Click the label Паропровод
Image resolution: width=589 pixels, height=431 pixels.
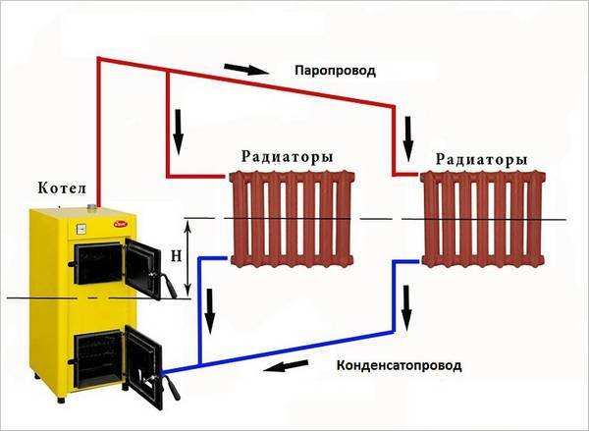pyautogui.click(x=335, y=71)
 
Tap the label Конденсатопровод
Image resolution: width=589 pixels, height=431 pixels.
pyautogui.click(x=399, y=365)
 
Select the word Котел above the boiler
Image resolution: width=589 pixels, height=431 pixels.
pyautogui.click(x=62, y=189)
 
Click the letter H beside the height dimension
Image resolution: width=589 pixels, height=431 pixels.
pyautogui.click(x=176, y=256)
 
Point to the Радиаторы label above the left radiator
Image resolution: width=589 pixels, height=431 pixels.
pyautogui.click(x=287, y=157)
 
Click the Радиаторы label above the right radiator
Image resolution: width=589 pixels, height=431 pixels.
pyautogui.click(x=482, y=160)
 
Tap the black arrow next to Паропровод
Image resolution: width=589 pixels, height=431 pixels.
pyautogui.click(x=246, y=70)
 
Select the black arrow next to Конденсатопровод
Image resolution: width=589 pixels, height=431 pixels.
pyautogui.click(x=286, y=365)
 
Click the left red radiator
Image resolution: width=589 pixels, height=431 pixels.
pyautogui.click(x=293, y=219)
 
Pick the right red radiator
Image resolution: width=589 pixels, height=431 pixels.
pyautogui.click(x=483, y=219)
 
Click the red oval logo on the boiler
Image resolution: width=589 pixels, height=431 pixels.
pyautogui.click(x=120, y=224)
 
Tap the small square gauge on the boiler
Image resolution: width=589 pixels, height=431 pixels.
pyautogui.click(x=81, y=229)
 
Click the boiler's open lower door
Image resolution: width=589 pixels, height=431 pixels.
pyautogui.click(x=143, y=363)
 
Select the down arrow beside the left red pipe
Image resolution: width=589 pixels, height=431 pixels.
pyautogui.click(x=179, y=132)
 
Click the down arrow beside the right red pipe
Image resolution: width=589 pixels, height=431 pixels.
pyautogui.click(x=408, y=139)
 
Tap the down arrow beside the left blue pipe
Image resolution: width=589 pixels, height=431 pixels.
pyautogui.click(x=210, y=311)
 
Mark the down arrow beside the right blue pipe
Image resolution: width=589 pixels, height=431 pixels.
pyautogui.click(x=406, y=308)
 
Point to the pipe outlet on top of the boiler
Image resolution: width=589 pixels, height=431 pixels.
pyautogui.click(x=92, y=207)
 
